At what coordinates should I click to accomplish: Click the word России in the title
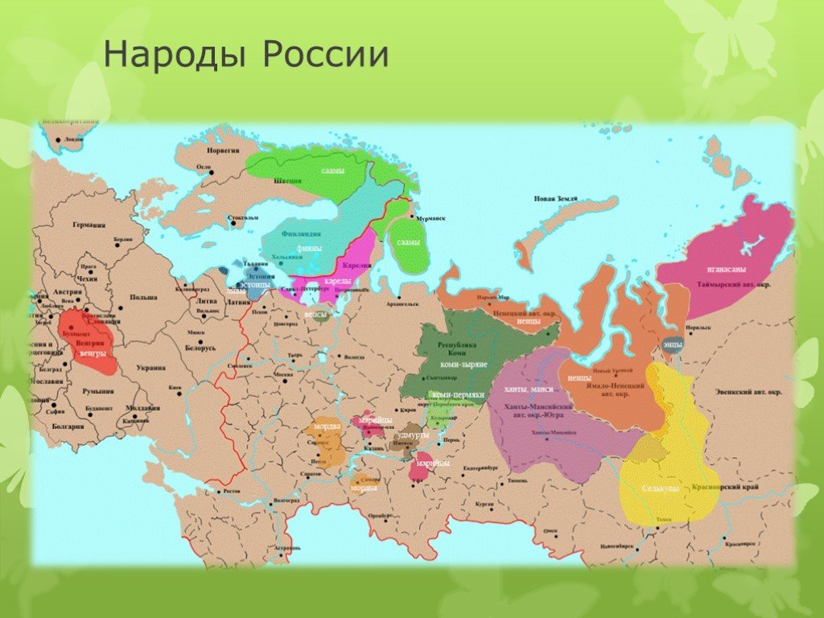(325, 56)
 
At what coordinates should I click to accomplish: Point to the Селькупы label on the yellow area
(661, 488)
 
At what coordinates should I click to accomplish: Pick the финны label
(309, 249)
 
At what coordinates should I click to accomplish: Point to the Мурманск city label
(433, 218)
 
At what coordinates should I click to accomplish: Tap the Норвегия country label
(225, 150)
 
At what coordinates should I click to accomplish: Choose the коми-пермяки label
(458, 395)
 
